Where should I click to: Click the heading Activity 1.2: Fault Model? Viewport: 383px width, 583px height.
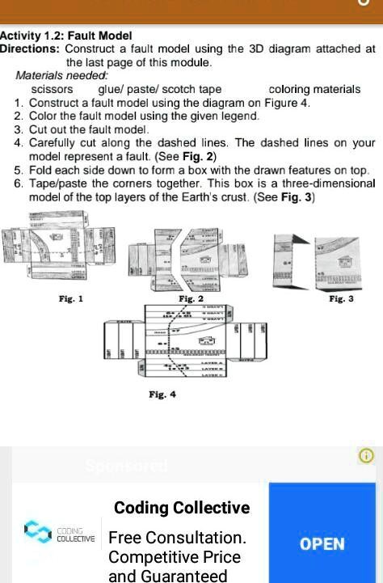click(x=66, y=36)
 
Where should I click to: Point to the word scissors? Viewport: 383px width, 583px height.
click(x=52, y=89)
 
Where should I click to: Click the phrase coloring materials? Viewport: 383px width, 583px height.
click(x=314, y=89)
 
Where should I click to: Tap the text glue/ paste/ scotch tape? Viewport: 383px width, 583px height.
click(x=159, y=89)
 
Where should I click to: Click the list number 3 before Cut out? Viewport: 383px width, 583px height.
click(x=19, y=129)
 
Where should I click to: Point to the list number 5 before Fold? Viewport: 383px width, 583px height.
click(x=19, y=171)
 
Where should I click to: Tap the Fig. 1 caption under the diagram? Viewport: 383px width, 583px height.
click(x=71, y=299)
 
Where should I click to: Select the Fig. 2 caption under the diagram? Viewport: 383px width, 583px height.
click(x=191, y=299)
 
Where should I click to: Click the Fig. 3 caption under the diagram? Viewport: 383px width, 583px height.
click(x=342, y=299)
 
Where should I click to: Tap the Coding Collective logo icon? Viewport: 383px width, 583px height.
click(x=37, y=532)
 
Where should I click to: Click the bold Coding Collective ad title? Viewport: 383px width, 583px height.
click(x=182, y=508)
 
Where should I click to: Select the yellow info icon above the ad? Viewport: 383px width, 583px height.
click(x=366, y=456)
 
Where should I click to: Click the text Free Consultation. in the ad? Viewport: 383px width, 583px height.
click(x=177, y=538)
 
